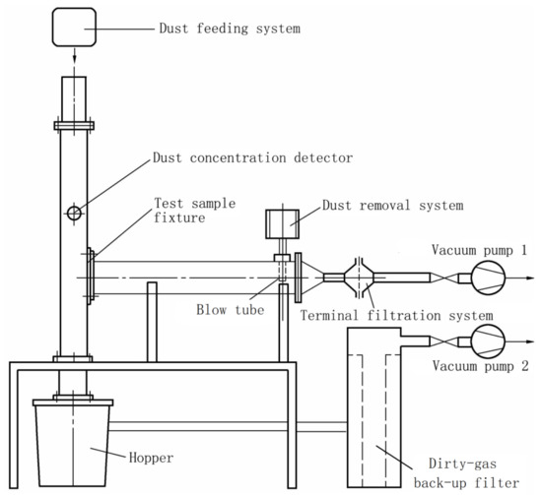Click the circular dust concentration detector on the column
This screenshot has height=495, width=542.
[74, 213]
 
